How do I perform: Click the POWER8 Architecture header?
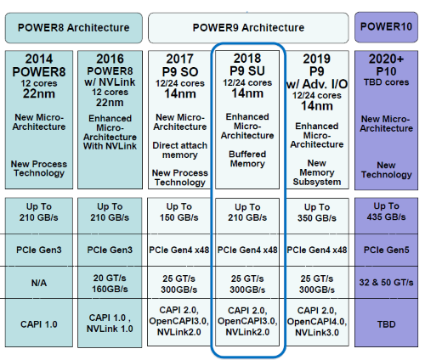[73, 27]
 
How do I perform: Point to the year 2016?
[110, 59]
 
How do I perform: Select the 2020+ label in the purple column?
[387, 59]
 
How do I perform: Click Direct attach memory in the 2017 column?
[179, 151]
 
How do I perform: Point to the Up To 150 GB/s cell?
[179, 212]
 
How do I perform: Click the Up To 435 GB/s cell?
[387, 212]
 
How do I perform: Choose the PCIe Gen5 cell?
[387, 250]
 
